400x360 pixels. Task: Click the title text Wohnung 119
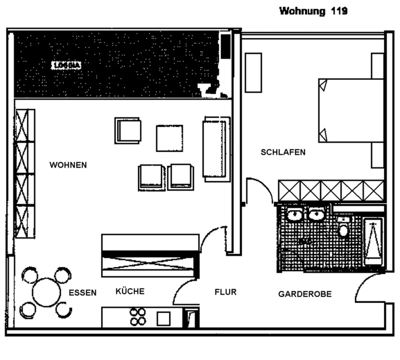pyautogui.click(x=313, y=11)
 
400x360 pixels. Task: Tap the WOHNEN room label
pyautogui.click(x=68, y=165)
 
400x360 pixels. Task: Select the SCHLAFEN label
pyautogui.click(x=283, y=152)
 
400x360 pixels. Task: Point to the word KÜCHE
pyautogui.click(x=130, y=291)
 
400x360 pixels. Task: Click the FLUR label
pyautogui.click(x=225, y=292)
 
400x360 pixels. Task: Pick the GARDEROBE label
pyautogui.click(x=305, y=294)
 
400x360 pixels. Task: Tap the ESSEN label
pyautogui.click(x=82, y=293)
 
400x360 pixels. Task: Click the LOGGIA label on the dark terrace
pyautogui.click(x=66, y=66)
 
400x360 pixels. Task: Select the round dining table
pyautogui.click(x=46, y=292)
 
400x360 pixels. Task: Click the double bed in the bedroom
pyautogui.click(x=351, y=110)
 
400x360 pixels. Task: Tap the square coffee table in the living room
pyautogui.click(x=169, y=138)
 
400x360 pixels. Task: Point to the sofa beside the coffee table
pyautogui.click(x=216, y=148)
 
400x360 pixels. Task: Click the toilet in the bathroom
pyautogui.click(x=343, y=229)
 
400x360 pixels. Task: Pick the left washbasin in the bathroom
pyautogui.click(x=294, y=215)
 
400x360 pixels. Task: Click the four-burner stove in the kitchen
pyautogui.click(x=138, y=317)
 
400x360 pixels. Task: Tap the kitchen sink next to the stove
pyautogui.click(x=164, y=318)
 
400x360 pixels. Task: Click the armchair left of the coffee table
pyautogui.click(x=128, y=131)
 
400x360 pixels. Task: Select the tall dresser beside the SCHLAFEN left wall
pyautogui.click(x=253, y=72)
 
